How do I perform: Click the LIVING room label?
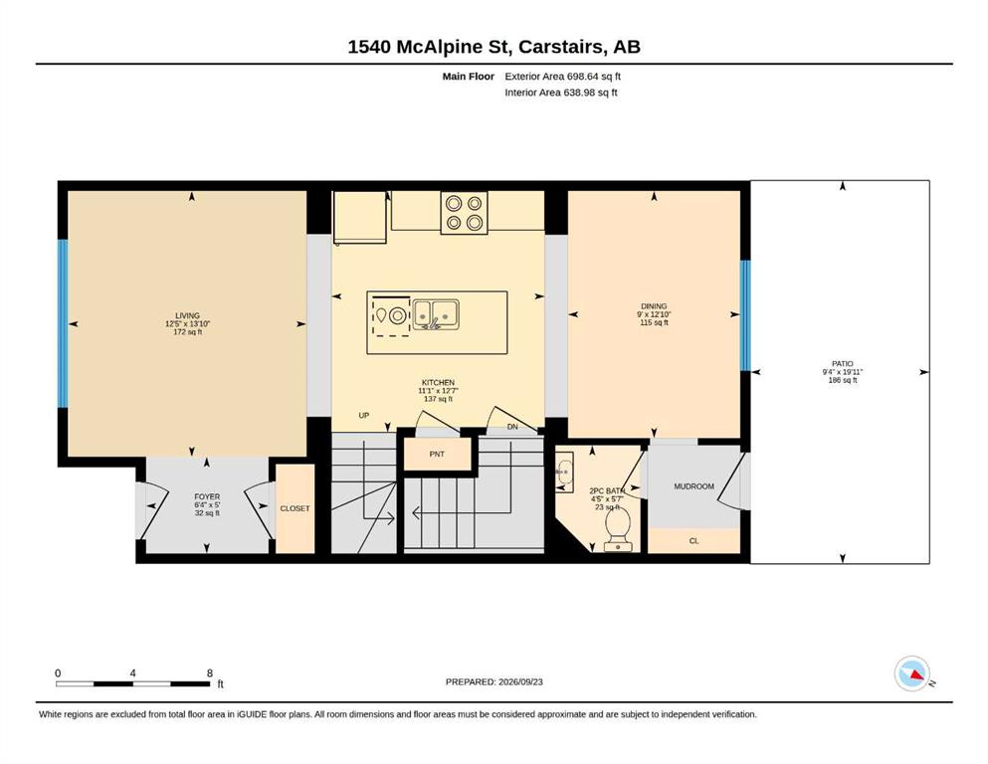pos(188,315)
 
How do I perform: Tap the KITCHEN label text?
pos(438,382)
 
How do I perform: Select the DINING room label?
pos(654,306)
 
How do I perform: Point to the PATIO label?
pos(843,363)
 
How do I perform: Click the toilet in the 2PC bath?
pos(618,529)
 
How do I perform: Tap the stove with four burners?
pos(464,213)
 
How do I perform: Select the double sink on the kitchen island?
pos(436,313)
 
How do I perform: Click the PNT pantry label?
pos(437,454)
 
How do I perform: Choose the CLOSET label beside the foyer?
pos(295,508)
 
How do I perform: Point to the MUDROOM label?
pos(693,486)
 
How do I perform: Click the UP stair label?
pos(363,415)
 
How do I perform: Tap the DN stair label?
pos(512,427)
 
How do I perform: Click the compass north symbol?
pos(912,673)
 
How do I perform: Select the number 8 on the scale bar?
pos(210,672)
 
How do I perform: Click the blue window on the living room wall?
pos(63,323)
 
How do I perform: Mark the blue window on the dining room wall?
pos(745,315)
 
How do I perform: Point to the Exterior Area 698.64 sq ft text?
pos(563,77)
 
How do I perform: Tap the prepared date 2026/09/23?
pos(520,681)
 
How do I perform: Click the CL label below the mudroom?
pos(693,541)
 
